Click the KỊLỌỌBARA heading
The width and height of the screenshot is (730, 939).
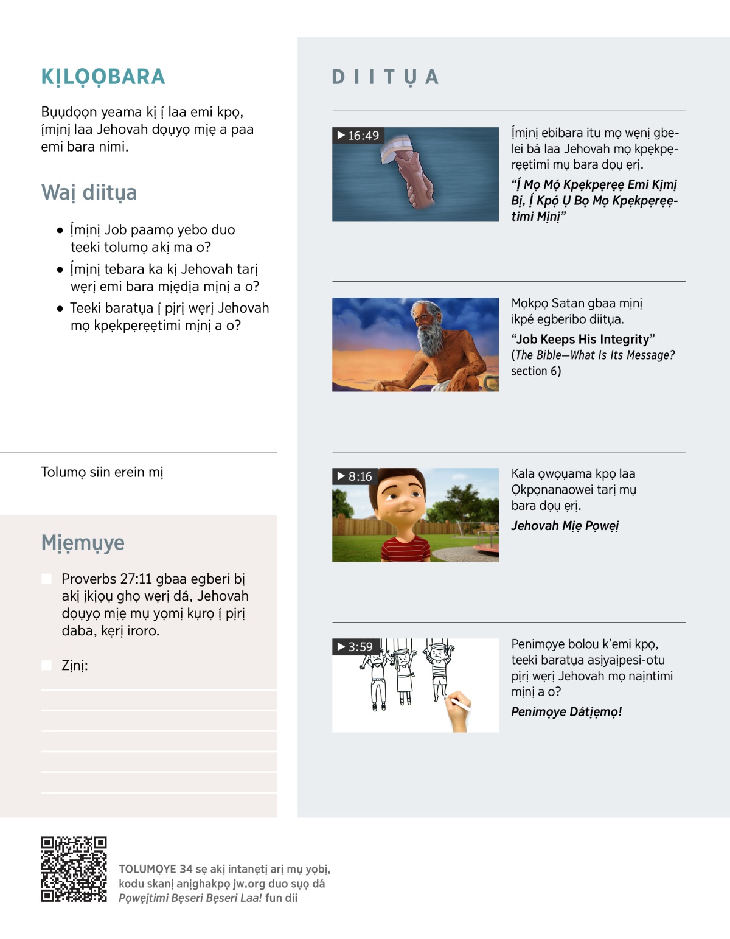click(103, 77)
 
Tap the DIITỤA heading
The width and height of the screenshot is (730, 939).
click(385, 77)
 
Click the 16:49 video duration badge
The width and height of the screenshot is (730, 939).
click(358, 135)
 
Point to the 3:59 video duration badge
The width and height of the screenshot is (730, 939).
click(355, 646)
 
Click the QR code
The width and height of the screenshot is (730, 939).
click(74, 869)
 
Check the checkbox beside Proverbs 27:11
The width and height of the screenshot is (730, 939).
click(47, 578)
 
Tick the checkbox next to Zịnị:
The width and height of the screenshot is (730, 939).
click(47, 665)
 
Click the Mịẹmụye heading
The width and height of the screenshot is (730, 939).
click(83, 542)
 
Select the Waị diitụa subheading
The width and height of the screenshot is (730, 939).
click(89, 192)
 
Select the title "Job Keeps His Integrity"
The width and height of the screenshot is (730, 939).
click(583, 339)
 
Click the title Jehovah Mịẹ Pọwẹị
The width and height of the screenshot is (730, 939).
click(565, 526)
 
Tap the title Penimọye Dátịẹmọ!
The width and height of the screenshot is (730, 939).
click(566, 712)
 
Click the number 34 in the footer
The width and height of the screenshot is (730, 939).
click(186, 869)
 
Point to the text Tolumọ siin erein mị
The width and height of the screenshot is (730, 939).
click(102, 472)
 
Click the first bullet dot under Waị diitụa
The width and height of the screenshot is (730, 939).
click(60, 231)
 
